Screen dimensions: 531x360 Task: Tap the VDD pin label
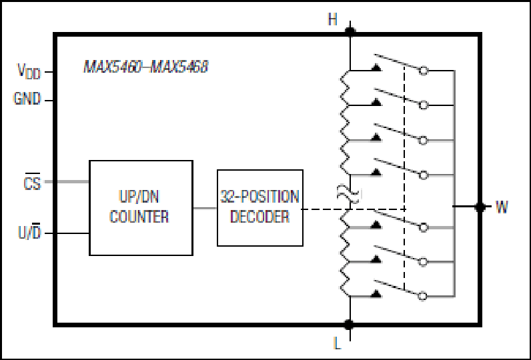[29, 71]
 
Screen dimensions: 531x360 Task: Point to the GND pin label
[27, 99]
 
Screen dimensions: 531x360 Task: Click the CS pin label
[32, 182]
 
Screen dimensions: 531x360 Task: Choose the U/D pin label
[29, 232]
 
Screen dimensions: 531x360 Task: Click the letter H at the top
[333, 19]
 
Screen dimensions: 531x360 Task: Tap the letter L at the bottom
[337, 343]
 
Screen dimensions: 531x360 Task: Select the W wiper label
[502, 207]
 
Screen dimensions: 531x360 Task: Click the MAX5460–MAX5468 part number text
[145, 67]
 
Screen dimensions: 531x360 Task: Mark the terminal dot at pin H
[350, 31]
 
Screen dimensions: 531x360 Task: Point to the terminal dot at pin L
[349, 325]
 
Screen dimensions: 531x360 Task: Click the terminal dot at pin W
[480, 207]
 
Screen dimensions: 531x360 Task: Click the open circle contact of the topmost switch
[424, 71]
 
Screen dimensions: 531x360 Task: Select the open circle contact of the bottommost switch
[422, 296]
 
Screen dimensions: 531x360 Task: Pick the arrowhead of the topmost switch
[376, 68]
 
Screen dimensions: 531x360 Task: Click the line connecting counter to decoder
[205, 208]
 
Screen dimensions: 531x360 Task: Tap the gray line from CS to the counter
[67, 182]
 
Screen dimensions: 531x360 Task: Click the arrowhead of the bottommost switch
[376, 294]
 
